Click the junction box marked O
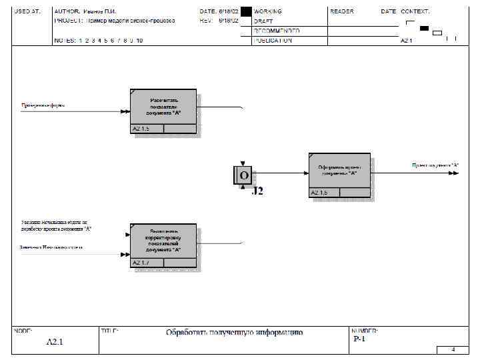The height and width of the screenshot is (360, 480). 243,175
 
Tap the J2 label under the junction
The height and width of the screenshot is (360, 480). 257,191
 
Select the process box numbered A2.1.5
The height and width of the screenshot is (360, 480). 163,107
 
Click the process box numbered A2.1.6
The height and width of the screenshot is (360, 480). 339,171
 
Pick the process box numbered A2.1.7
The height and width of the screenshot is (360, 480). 163,241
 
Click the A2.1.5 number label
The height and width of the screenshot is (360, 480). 141,129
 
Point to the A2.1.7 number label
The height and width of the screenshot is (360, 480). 141,263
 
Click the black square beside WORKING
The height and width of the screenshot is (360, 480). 246,12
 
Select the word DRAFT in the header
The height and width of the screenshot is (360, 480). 263,21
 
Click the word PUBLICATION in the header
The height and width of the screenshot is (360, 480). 273,40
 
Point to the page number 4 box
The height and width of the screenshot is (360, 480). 453,349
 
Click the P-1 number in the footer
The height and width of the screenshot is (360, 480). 359,339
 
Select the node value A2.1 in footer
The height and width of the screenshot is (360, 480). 55,342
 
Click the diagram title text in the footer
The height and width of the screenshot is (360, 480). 235,332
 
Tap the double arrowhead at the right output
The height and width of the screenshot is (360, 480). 454,173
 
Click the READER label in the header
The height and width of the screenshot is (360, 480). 342,12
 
